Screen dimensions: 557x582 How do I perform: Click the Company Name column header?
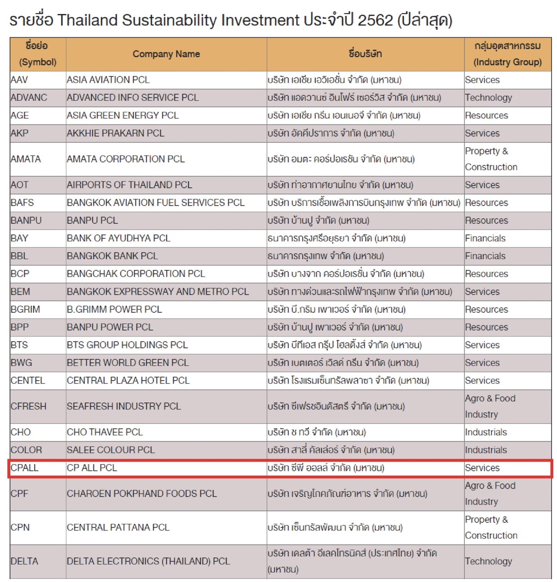166,54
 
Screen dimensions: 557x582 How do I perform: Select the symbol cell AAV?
19,80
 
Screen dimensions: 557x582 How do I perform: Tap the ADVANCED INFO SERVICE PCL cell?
132,97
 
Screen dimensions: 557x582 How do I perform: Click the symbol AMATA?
25,159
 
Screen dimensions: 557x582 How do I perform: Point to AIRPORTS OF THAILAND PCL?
129,185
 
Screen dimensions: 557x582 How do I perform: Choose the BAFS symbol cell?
22,202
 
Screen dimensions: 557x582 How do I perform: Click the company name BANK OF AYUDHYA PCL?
118,238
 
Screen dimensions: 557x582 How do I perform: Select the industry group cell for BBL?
485,256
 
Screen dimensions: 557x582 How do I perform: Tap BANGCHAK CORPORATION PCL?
136,274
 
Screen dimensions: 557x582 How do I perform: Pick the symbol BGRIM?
25,309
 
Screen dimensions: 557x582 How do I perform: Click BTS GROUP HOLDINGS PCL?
127,345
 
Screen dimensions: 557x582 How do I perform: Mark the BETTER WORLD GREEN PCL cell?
128,362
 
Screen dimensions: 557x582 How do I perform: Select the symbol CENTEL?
28,381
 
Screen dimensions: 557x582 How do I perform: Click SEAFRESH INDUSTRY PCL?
124,406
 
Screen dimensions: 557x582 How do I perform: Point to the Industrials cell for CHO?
486,432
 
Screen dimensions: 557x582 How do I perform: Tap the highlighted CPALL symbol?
25,468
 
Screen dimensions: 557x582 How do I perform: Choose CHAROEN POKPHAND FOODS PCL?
142,493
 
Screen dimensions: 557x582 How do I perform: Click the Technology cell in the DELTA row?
488,562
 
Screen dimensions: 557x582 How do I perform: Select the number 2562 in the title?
375,20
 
